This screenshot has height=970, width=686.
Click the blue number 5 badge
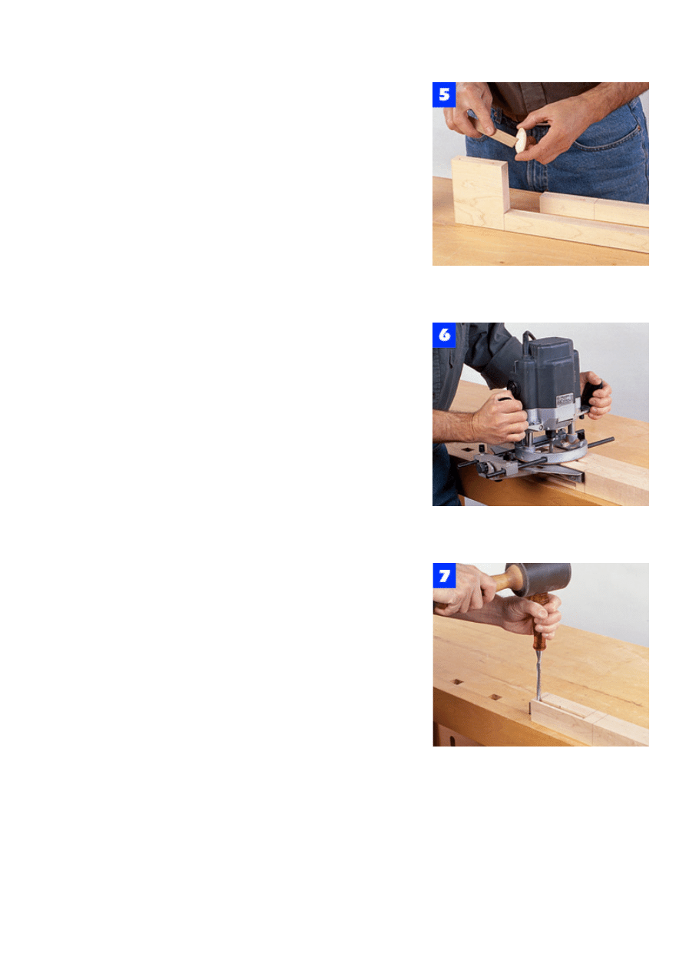(444, 94)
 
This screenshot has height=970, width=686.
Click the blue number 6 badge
(444, 335)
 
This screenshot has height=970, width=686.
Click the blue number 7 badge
(444, 575)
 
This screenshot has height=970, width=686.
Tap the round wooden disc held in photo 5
(521, 140)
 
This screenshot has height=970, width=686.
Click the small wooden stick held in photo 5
(497, 134)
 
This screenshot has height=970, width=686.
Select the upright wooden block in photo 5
(480, 193)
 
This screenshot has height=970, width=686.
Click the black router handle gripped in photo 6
(592, 389)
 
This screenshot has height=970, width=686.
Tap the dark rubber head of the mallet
(539, 579)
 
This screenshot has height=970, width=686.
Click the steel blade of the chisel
(539, 674)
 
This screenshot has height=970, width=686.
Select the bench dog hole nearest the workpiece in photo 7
(495, 697)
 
